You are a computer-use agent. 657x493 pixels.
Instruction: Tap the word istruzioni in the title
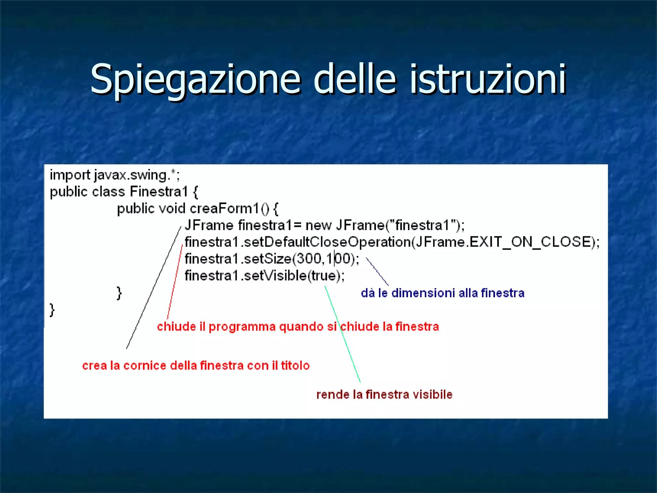(x=488, y=79)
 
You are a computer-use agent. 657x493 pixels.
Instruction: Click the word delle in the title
(x=354, y=79)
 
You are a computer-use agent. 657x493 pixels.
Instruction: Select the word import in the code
(x=70, y=175)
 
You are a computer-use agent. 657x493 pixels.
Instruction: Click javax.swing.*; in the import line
(x=137, y=175)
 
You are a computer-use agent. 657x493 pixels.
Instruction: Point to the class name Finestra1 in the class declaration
(x=159, y=192)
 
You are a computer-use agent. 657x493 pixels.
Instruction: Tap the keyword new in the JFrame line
(x=318, y=225)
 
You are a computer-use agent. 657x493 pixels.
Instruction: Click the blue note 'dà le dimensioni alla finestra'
(x=442, y=293)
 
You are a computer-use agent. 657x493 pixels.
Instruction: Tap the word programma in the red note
(x=242, y=327)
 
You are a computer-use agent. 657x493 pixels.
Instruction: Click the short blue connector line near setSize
(x=377, y=272)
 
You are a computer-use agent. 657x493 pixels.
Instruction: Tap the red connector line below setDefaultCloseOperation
(x=175, y=282)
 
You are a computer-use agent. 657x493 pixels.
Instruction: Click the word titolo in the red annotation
(x=295, y=366)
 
